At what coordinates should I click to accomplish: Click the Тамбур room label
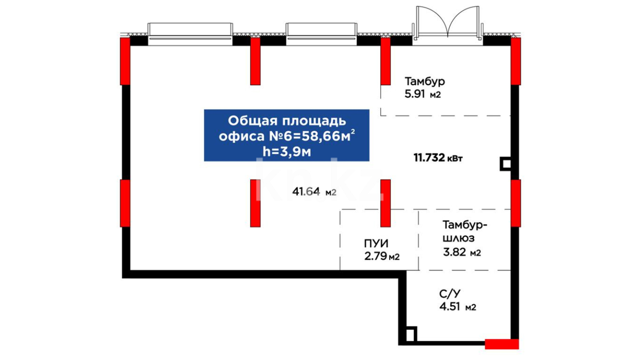(x=425, y=81)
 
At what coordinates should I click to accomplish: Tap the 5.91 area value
(x=415, y=94)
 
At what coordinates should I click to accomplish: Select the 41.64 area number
(x=306, y=192)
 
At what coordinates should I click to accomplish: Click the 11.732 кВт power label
(x=438, y=158)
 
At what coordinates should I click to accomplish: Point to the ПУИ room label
(x=376, y=244)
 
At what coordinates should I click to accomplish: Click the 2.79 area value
(x=376, y=256)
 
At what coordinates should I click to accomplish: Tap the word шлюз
(x=458, y=239)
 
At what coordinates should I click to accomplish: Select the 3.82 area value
(x=454, y=252)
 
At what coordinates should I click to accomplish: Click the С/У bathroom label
(x=450, y=294)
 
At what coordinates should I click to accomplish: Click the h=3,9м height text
(x=287, y=152)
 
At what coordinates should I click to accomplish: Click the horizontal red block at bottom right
(x=502, y=344)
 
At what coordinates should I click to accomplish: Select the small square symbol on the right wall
(x=506, y=164)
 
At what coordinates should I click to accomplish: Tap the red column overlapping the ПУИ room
(x=386, y=203)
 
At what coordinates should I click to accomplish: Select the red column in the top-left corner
(x=125, y=61)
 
